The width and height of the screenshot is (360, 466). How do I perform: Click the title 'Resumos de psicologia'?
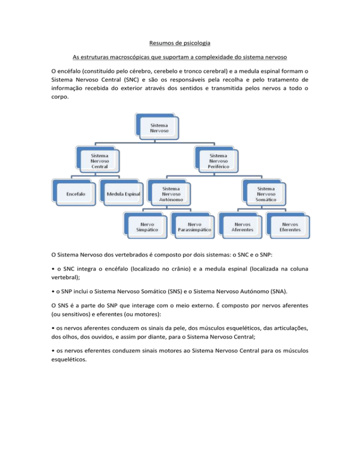click(180, 45)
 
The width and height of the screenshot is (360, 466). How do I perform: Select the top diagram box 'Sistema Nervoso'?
click(157, 128)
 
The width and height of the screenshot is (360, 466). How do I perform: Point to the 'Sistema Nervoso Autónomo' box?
click(170, 192)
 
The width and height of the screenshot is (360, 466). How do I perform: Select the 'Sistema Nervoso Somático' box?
click(266, 192)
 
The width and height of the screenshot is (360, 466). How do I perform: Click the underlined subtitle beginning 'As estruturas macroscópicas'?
click(180, 59)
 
